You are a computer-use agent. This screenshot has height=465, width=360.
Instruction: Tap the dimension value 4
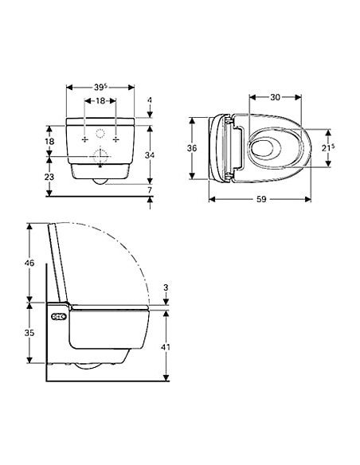coord(150,100)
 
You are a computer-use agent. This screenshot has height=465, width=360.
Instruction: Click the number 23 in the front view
coord(49,178)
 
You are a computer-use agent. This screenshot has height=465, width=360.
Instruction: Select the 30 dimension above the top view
coord(274,97)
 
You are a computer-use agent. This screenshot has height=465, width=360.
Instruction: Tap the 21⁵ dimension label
coord(327,148)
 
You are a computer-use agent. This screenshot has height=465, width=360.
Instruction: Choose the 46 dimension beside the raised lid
coord(30,262)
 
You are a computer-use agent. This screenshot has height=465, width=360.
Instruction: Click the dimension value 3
coord(166,287)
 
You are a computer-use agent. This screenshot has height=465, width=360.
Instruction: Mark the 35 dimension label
coord(30,333)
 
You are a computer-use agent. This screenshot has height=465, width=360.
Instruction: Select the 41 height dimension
coord(166,347)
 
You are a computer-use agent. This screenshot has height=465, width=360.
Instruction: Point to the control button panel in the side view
coord(58,317)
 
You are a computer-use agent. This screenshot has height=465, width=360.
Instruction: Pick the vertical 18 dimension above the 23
coord(49,141)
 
